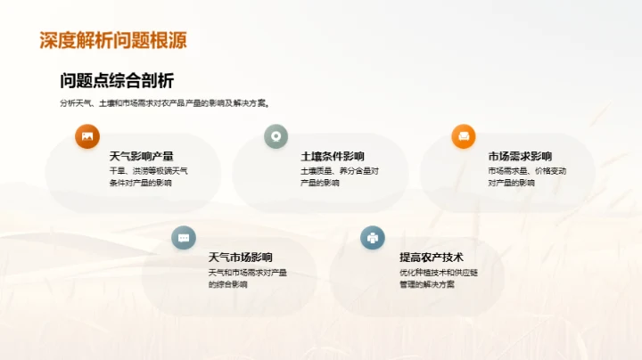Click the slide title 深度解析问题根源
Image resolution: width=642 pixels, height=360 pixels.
[x=113, y=41]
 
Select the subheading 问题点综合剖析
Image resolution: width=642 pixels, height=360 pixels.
[x=117, y=81]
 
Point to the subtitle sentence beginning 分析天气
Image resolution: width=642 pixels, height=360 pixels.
[x=165, y=103]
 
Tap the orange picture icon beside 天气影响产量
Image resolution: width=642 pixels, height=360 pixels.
[x=87, y=136]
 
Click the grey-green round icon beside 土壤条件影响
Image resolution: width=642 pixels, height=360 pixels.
[x=276, y=136]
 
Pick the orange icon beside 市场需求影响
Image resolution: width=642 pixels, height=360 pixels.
[x=463, y=136]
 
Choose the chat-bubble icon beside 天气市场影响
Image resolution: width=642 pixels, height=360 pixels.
[x=184, y=238]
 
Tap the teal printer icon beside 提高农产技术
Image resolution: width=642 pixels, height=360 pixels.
[x=372, y=238]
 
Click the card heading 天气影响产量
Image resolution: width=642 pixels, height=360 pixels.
[x=141, y=157]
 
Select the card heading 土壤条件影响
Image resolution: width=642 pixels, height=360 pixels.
[x=333, y=157]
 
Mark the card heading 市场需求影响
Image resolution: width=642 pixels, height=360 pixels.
[x=520, y=157]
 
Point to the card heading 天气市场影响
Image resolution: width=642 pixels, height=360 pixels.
[x=240, y=258]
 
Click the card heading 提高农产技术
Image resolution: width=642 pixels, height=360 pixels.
[x=432, y=258]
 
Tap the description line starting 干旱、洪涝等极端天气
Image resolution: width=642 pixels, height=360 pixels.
[x=148, y=171]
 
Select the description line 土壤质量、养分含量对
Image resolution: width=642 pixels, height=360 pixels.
[x=340, y=171]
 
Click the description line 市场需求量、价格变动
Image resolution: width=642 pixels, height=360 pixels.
[x=527, y=171]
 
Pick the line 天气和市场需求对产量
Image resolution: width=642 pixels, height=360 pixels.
[x=247, y=273]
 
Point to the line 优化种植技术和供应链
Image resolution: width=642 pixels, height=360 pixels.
[x=439, y=273]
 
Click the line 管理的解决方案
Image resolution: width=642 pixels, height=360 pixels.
[x=427, y=285]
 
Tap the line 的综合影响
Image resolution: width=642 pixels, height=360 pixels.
[x=227, y=285]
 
